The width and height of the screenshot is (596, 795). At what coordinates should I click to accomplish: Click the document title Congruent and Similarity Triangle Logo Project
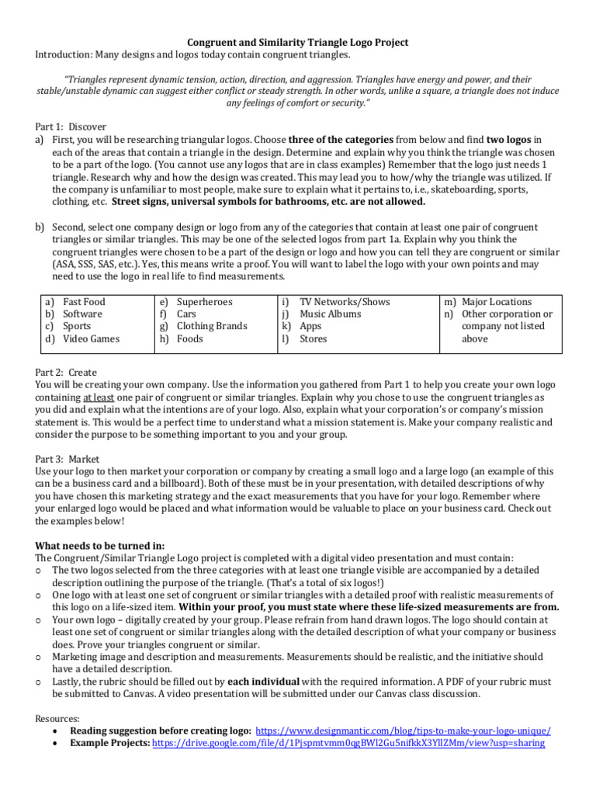[298, 42]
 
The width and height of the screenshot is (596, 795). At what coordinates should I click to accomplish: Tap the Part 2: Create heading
[66, 373]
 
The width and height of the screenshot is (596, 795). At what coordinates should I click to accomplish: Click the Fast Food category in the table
[84, 302]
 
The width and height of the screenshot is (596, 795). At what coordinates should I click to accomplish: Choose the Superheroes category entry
[204, 302]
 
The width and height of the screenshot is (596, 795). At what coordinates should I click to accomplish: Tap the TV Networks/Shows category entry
[345, 302]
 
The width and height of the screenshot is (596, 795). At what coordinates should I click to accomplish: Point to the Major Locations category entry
[497, 302]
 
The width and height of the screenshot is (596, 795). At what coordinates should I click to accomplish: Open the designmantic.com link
[403, 731]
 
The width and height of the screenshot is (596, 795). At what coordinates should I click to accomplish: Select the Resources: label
[57, 718]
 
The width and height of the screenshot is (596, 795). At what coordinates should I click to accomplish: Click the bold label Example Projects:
[110, 743]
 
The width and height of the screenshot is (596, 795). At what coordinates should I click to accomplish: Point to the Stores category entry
[314, 339]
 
